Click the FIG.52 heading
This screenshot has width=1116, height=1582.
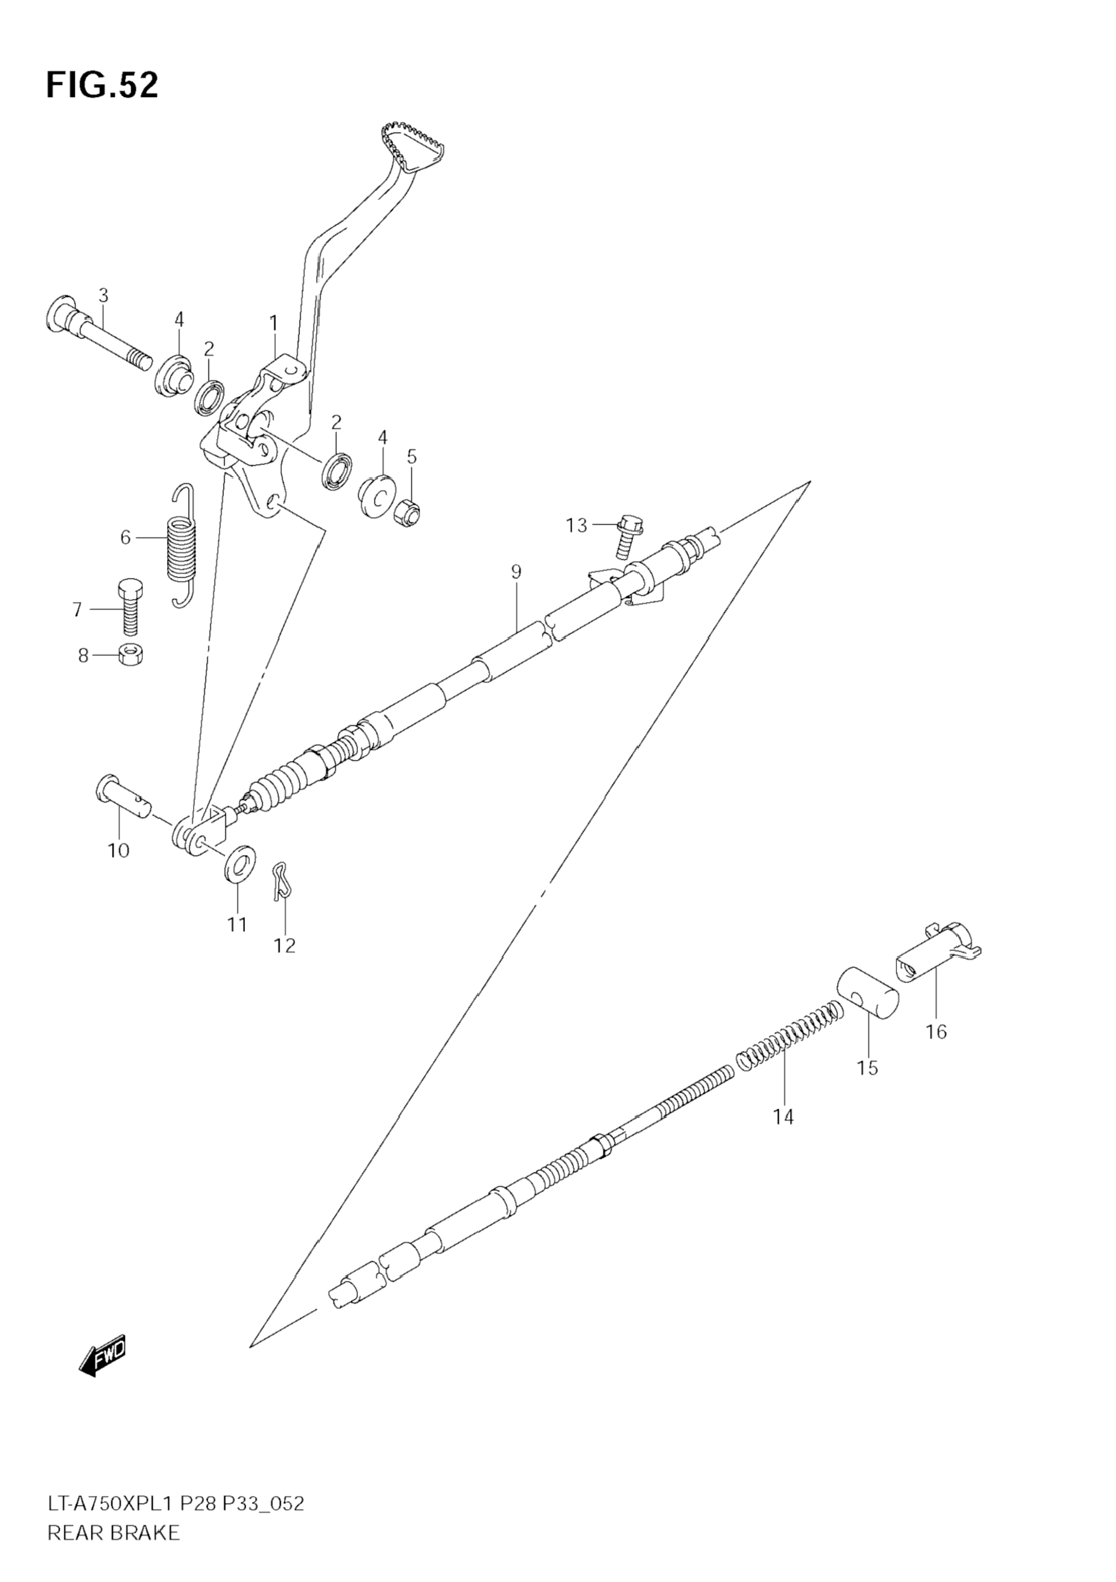[102, 85]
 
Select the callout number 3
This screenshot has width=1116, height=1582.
[103, 296]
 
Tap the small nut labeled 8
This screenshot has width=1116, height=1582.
[129, 655]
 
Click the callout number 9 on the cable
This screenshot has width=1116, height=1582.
[516, 571]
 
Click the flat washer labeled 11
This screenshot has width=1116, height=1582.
[238, 862]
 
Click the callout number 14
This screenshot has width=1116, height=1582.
[783, 1117]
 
